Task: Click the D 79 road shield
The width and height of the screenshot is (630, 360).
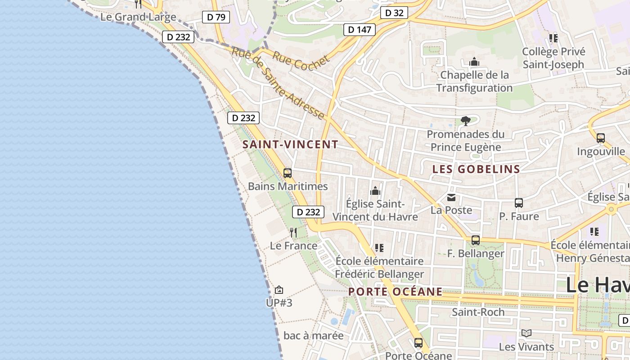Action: tap(216, 18)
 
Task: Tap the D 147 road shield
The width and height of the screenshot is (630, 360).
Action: tap(360, 30)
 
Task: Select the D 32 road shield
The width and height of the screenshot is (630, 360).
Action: tap(394, 13)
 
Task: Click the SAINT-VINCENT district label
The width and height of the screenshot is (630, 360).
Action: tap(290, 144)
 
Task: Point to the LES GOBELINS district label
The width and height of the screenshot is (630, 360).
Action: tap(476, 169)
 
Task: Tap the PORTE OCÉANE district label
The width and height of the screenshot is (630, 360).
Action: tap(396, 292)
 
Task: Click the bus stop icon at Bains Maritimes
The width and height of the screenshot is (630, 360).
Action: tap(287, 173)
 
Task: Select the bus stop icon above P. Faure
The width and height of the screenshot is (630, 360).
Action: tap(518, 203)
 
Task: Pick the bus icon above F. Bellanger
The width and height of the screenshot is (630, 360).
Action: tap(475, 240)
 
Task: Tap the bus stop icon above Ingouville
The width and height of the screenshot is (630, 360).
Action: tap(600, 138)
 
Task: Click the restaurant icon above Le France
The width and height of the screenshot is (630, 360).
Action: tap(293, 232)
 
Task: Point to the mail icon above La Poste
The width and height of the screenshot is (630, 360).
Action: tap(451, 197)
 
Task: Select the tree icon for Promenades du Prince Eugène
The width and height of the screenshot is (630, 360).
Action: tap(465, 121)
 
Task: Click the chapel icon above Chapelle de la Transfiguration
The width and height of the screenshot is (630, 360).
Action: tap(474, 62)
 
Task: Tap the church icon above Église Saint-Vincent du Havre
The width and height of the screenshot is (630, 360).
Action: tap(375, 191)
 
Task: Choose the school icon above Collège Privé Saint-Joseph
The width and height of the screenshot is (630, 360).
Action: tap(553, 38)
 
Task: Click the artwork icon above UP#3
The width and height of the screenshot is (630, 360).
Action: tap(279, 289)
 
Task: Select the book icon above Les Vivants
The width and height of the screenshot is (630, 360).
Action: tap(526, 333)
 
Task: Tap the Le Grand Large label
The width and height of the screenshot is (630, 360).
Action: tap(138, 17)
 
